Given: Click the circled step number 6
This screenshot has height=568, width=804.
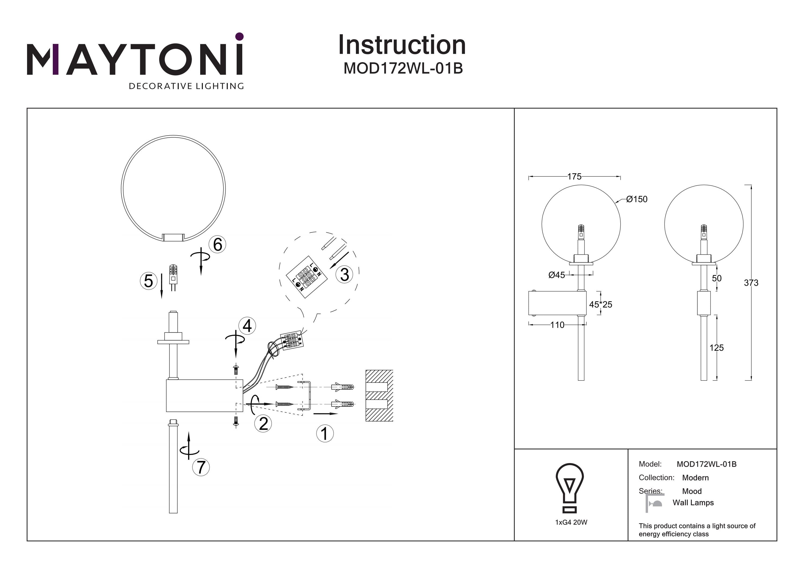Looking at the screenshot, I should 217,244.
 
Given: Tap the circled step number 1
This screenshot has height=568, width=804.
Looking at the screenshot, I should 325,434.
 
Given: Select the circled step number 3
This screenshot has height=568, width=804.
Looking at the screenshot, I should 344,275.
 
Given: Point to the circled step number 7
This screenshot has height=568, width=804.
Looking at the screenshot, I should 201,467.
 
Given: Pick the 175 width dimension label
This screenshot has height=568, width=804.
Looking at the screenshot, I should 574,177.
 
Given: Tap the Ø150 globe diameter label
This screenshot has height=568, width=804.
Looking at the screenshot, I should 636,199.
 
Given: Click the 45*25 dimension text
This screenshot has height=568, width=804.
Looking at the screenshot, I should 601,304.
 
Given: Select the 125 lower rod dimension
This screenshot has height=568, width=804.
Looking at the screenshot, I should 716,348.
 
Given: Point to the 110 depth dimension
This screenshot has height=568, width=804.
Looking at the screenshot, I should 557,325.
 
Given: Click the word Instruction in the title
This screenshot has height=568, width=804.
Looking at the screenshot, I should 402,45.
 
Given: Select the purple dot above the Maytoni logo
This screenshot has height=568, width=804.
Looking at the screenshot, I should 240,36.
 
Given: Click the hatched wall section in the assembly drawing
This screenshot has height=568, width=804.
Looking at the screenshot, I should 379,396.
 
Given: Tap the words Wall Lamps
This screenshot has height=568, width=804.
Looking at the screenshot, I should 693,503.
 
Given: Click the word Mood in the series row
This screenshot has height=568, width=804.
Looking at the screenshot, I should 692,491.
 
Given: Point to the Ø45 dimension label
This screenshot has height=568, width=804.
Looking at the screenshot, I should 556,275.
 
